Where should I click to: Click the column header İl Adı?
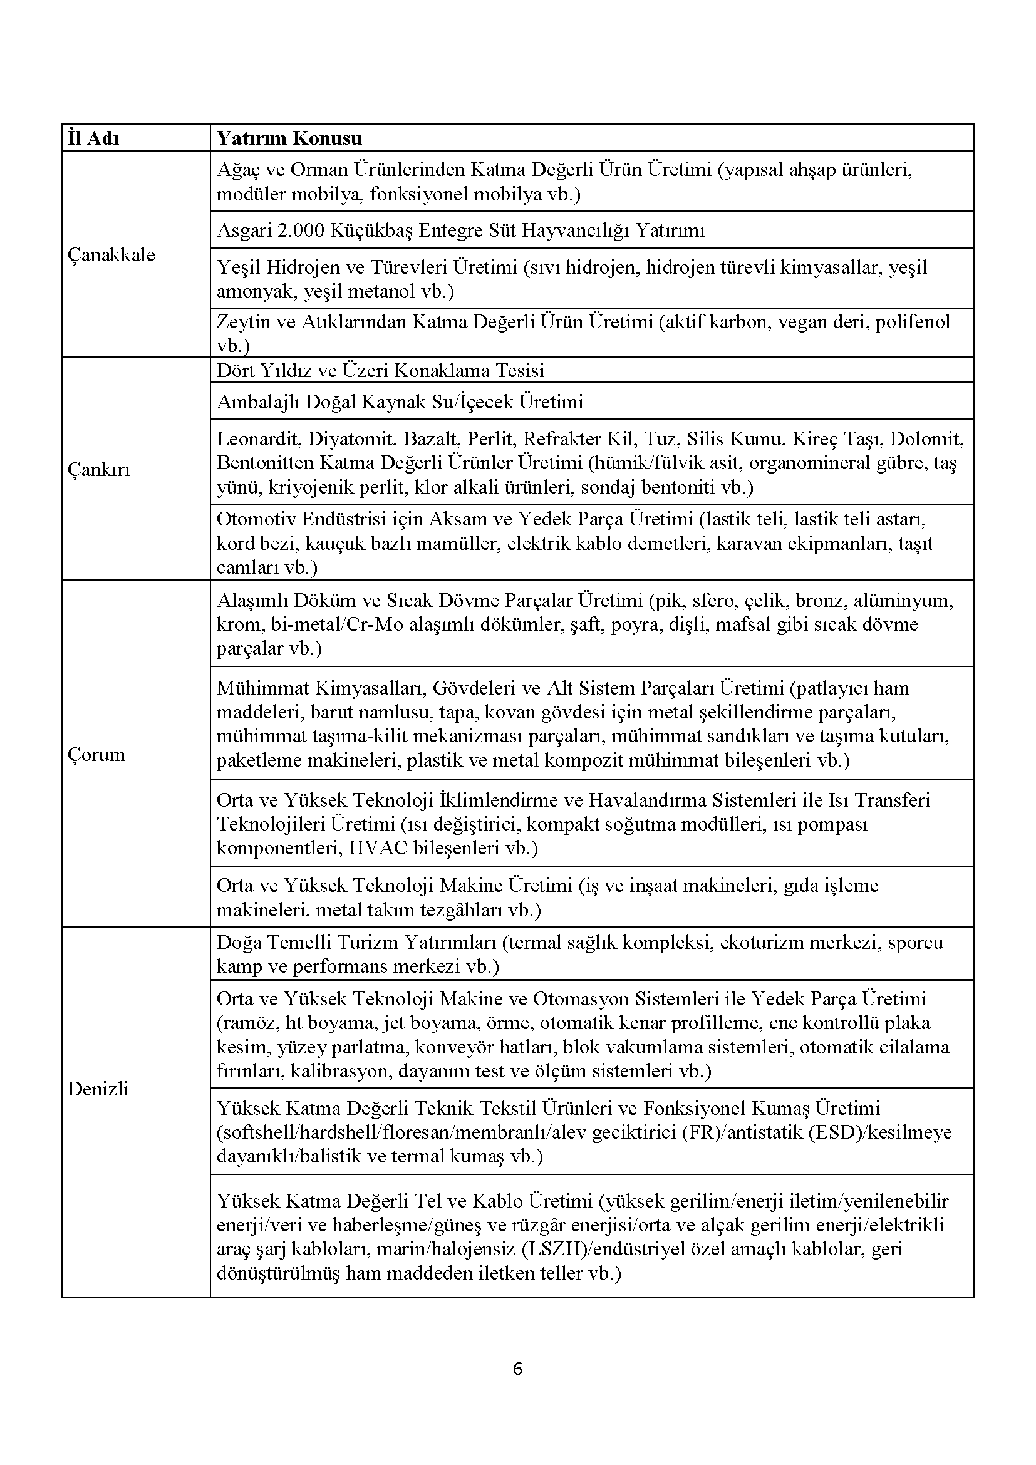[93, 138]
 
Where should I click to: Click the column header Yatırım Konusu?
[289, 138]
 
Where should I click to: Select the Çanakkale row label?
[111, 254]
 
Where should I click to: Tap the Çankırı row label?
[99, 470]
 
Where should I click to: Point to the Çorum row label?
[96, 755]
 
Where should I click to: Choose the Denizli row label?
[98, 1089]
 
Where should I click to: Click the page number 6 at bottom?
[517, 1369]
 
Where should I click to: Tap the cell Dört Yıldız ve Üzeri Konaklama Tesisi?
[380, 371]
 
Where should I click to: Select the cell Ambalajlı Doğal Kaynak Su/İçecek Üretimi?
[400, 401]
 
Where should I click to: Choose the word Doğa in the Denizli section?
[235, 943]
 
